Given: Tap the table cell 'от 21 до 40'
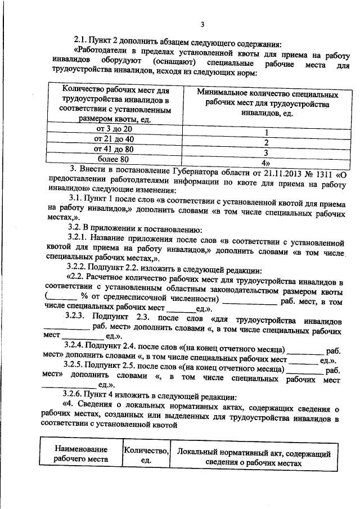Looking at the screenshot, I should [114, 139].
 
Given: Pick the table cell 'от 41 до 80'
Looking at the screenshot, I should [114, 149].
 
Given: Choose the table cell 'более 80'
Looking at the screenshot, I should [114, 159].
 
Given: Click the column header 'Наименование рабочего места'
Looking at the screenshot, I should [80, 454].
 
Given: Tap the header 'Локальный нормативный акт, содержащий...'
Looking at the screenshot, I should [254, 454].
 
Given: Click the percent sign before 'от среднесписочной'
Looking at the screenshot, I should [83, 298].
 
